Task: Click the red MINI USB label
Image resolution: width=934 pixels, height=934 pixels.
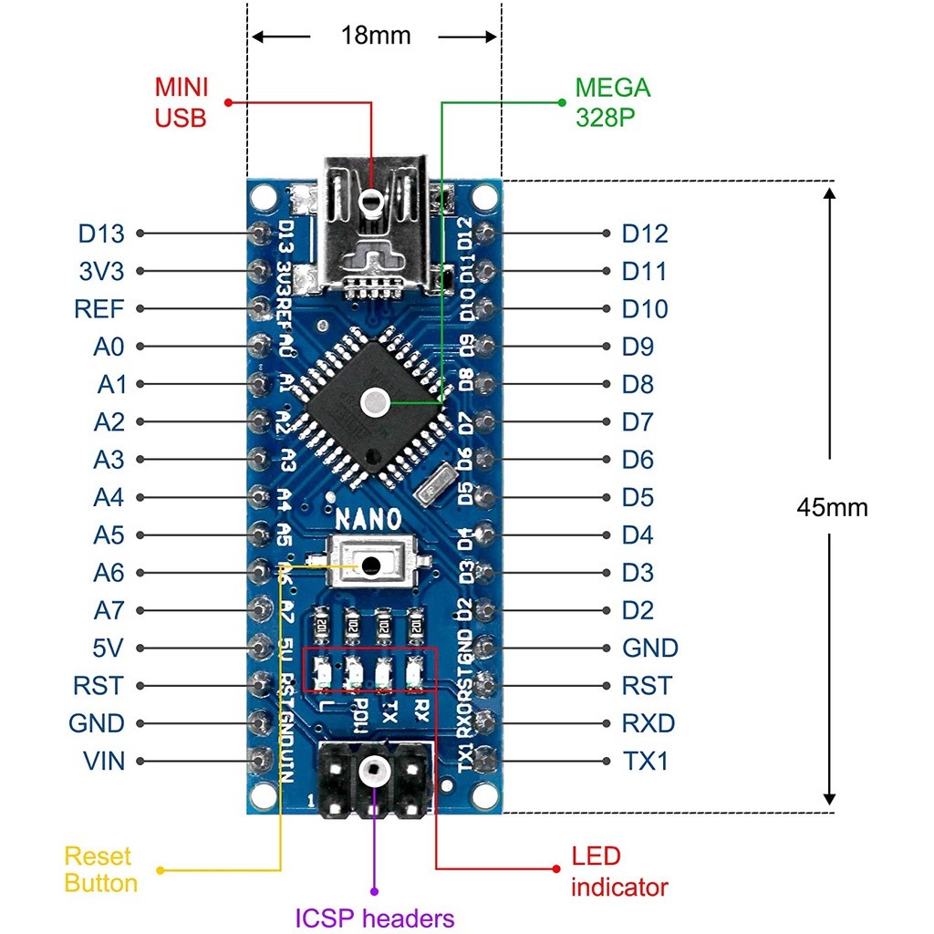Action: [x=182, y=102]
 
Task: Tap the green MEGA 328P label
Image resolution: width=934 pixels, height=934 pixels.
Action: [x=612, y=102]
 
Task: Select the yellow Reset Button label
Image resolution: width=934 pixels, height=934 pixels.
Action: [x=100, y=869]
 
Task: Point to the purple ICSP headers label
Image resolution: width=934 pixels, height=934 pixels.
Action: [x=374, y=918]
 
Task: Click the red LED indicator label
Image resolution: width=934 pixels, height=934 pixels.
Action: [x=619, y=871]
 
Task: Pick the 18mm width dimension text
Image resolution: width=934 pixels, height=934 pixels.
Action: [x=376, y=36]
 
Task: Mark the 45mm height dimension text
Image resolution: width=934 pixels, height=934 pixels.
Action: [x=832, y=507]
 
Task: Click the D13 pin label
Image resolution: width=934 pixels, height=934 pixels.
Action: [x=100, y=233]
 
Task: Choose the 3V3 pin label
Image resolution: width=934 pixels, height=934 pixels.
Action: [x=100, y=271]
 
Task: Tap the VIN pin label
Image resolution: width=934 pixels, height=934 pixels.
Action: [x=103, y=760]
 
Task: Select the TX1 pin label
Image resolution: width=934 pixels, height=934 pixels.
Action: [x=645, y=760]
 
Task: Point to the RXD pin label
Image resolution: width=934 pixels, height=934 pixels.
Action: [x=649, y=723]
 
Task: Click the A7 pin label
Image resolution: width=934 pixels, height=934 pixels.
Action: [x=109, y=609]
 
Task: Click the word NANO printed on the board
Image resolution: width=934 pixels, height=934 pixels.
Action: [x=368, y=520]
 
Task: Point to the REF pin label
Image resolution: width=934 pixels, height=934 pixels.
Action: [x=99, y=308]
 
